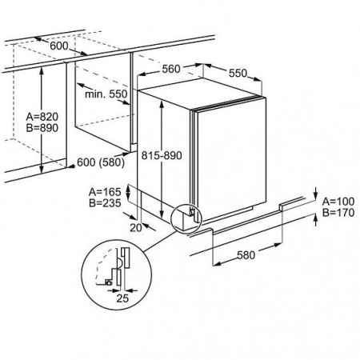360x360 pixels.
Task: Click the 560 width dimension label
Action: point(171,69)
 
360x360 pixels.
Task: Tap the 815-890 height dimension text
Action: point(162,155)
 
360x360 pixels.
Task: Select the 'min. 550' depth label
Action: point(106,94)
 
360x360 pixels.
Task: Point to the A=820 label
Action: point(42,117)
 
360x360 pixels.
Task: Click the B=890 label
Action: point(42,128)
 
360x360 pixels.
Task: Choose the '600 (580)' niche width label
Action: point(101,162)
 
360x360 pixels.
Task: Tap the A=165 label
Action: point(105,192)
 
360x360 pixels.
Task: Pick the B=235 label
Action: point(105,203)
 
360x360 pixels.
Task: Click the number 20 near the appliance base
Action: point(136,228)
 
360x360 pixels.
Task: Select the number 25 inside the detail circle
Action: point(122,298)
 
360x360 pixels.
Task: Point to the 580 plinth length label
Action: point(246,255)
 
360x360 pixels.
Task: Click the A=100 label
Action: point(338,202)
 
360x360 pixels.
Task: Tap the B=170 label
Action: point(338,213)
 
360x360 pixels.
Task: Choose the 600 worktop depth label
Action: point(59,46)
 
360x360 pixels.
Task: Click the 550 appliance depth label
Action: point(238,73)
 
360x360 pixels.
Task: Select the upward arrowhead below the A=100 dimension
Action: point(316,218)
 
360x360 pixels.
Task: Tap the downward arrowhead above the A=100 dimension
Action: point(316,194)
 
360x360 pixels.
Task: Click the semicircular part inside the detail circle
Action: point(121,262)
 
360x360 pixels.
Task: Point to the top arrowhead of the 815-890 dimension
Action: point(162,105)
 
